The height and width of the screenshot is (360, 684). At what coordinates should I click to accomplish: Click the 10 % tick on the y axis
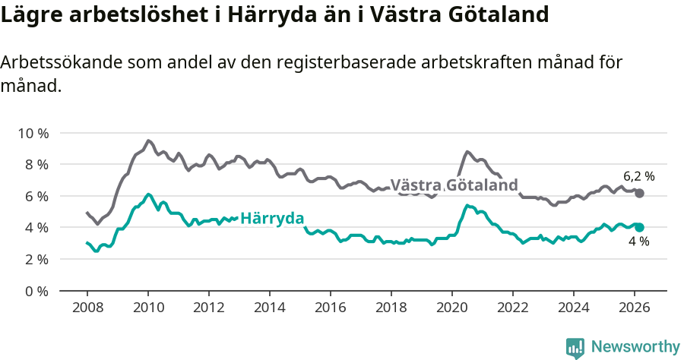33,133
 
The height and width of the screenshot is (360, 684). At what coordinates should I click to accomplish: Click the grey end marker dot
639,194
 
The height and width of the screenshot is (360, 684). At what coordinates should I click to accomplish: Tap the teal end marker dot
639,227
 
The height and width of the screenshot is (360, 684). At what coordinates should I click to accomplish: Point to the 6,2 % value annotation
638,176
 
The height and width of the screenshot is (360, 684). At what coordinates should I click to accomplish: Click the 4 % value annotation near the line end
638,242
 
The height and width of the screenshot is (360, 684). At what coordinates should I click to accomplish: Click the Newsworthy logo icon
575,347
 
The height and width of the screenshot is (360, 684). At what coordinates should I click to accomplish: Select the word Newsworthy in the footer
635,347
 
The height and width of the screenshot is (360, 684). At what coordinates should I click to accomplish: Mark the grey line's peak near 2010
148,141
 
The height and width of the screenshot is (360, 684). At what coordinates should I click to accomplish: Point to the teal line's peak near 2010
148,194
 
